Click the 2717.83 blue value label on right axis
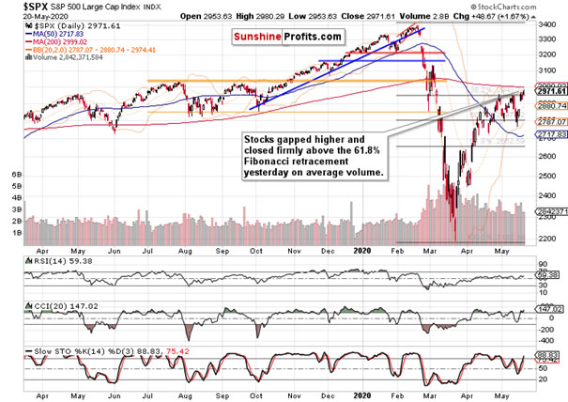547,136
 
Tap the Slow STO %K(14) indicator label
47,352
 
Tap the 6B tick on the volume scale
14,176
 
